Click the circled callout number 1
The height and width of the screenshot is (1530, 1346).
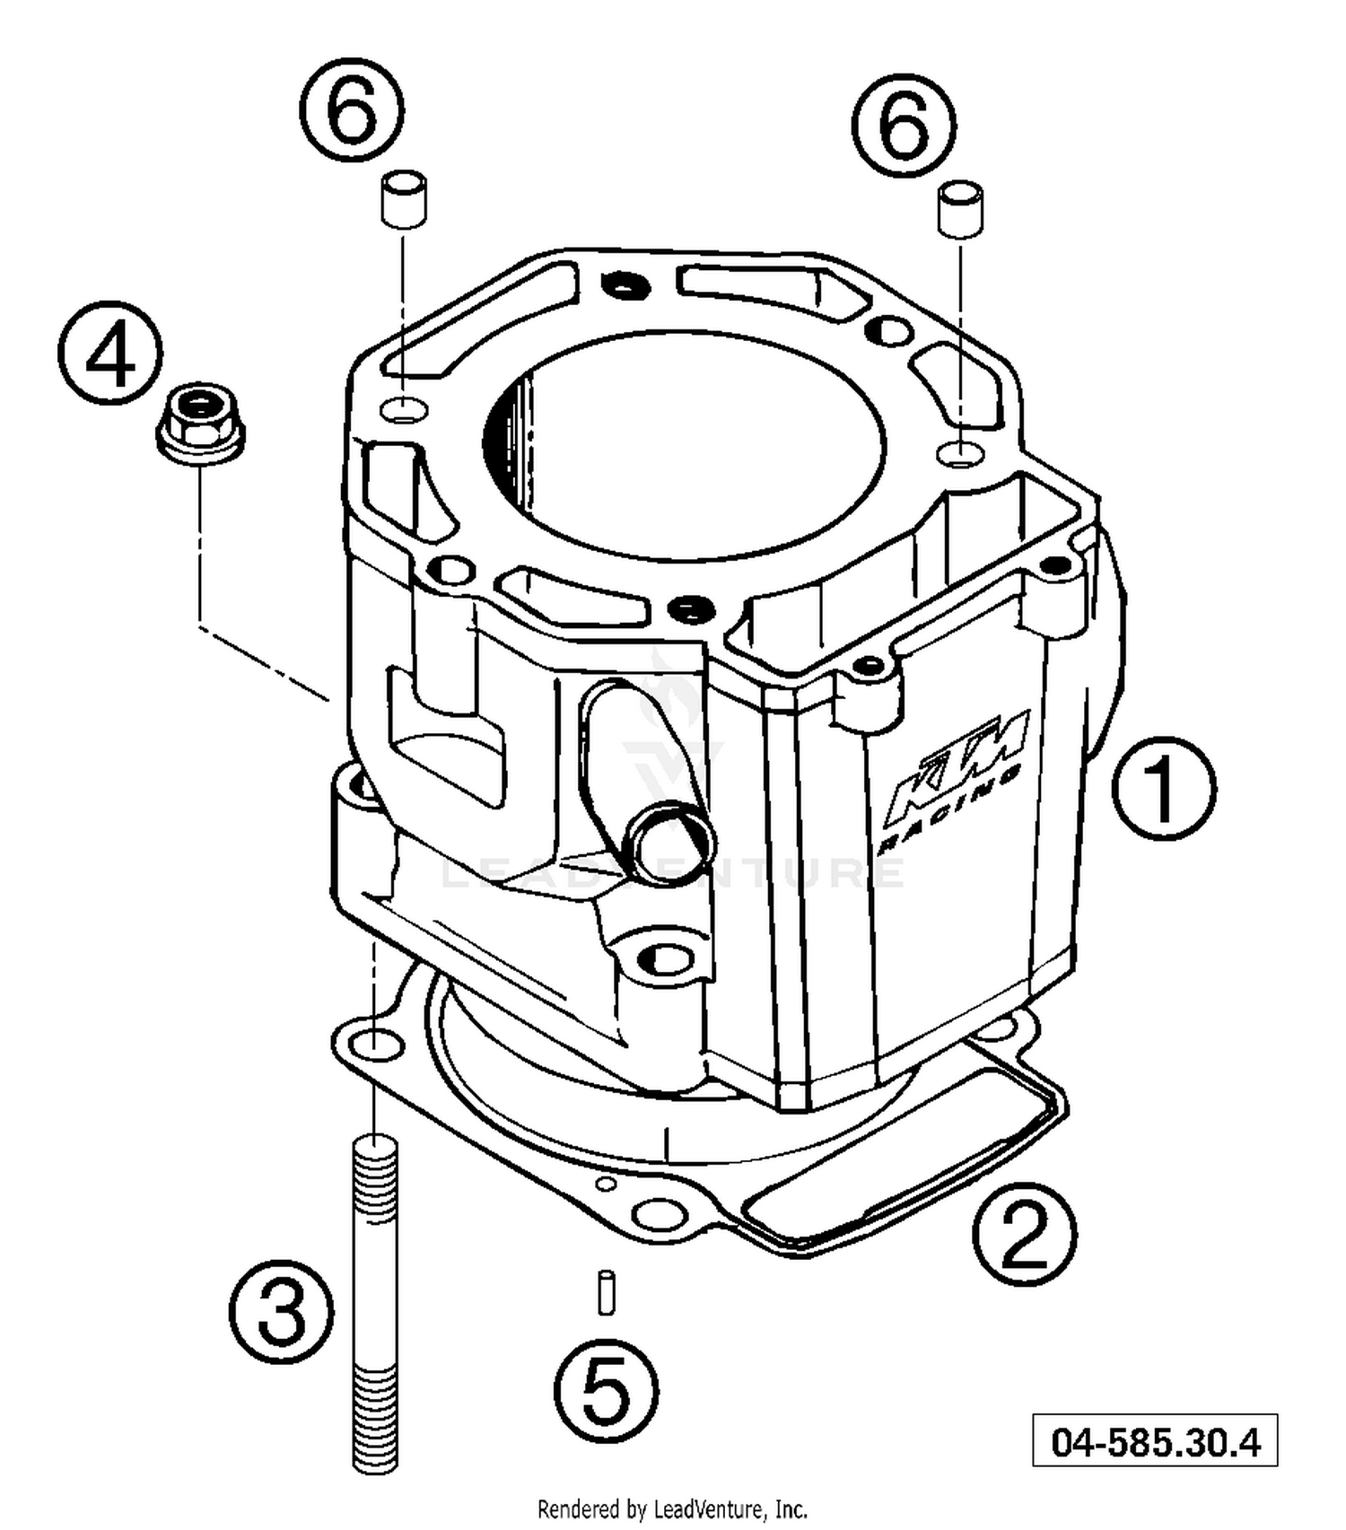tap(1164, 788)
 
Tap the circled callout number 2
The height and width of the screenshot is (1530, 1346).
tap(1024, 1236)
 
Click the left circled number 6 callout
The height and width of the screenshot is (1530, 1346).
tap(351, 110)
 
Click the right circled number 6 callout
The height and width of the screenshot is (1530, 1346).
tap(903, 125)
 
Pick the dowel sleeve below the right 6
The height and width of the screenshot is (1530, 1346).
tap(960, 210)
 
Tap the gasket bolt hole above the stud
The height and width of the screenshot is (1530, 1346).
tap(376, 1044)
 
